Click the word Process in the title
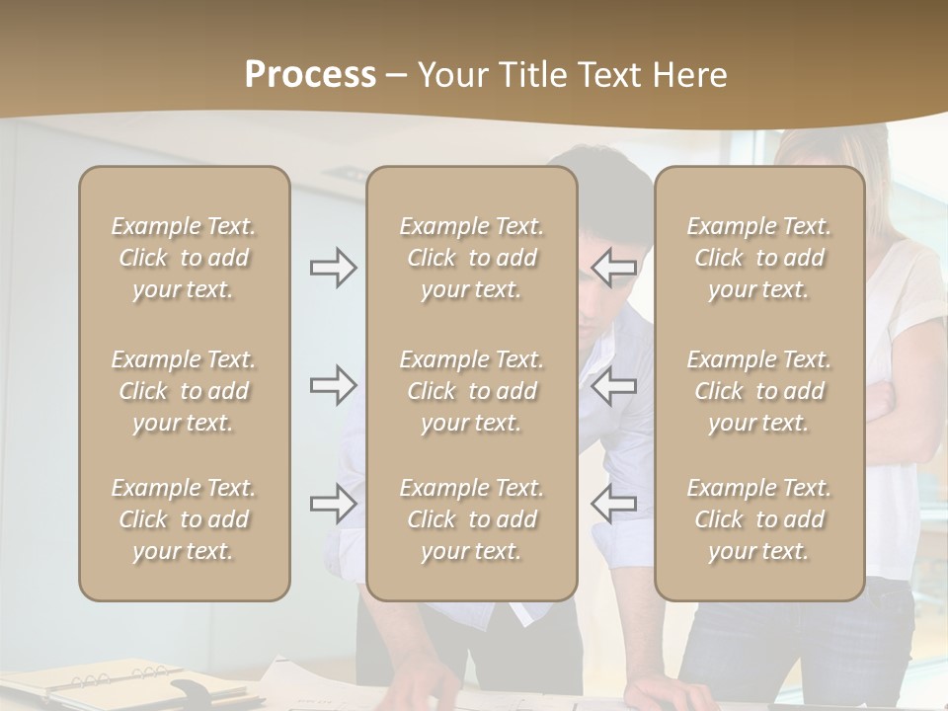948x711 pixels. pos(310,75)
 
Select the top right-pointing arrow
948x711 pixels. pos(333,268)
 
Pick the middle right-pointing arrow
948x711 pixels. pos(333,385)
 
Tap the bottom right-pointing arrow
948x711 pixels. pos(333,504)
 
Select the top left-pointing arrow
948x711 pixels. pos(613,268)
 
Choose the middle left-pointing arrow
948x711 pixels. pos(613,385)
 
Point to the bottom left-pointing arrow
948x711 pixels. pos(613,504)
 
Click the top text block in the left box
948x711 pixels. pos(184,258)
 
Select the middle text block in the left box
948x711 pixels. pos(184,391)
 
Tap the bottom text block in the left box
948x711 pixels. pos(184,519)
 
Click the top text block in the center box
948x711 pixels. pos(472,258)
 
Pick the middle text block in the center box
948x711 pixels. pos(472,391)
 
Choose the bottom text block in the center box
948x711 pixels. pos(472,519)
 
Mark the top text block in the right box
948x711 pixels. pos(759,258)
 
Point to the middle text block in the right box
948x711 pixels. pos(759,391)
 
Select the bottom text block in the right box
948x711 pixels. pos(759,519)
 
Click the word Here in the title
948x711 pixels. pos(692,75)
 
